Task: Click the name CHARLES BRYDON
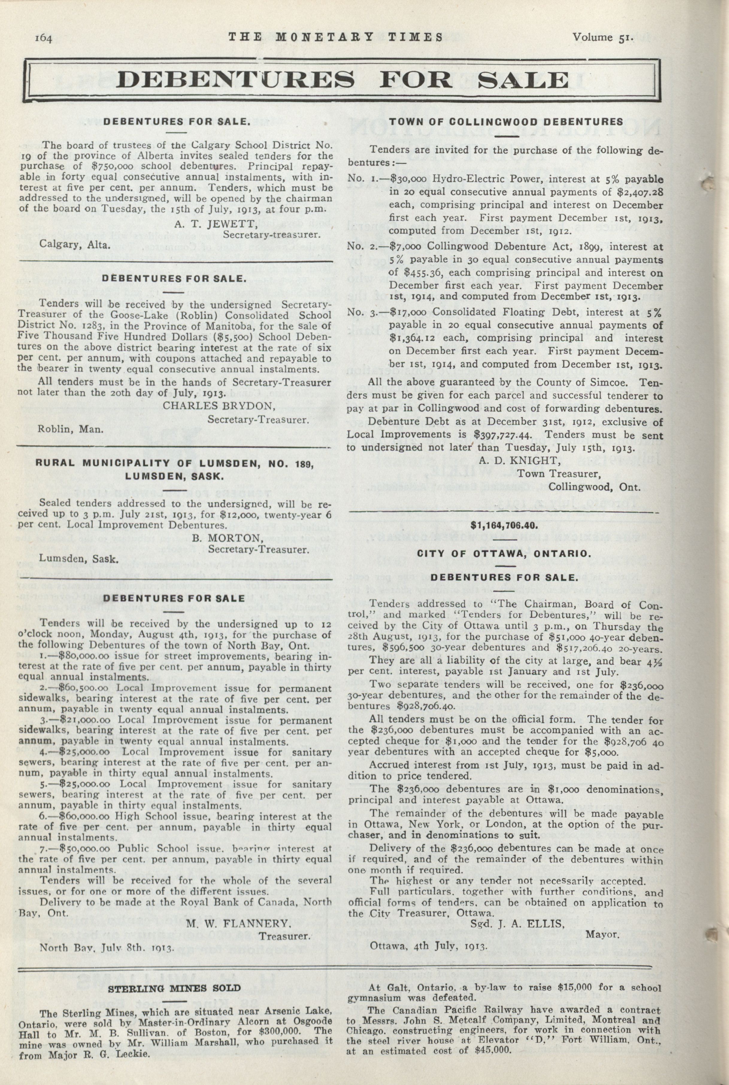point(219,405)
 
